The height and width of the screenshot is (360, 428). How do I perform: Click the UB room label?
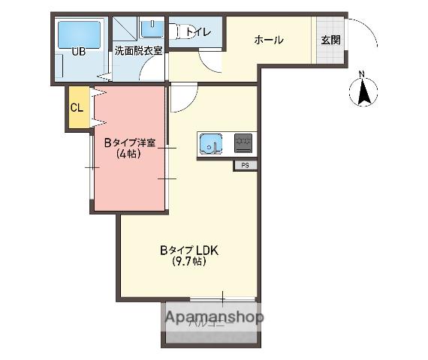(78, 52)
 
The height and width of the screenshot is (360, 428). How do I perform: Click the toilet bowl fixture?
(177, 31)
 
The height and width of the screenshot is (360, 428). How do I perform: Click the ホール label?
(268, 40)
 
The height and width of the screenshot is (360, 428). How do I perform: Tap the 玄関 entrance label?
(330, 40)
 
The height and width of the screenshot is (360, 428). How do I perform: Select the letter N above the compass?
(362, 73)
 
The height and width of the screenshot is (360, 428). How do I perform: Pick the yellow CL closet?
(76, 107)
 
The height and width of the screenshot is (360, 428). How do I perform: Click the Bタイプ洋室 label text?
(130, 143)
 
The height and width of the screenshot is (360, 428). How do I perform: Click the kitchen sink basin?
(211, 142)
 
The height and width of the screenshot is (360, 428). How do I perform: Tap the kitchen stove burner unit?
(243, 142)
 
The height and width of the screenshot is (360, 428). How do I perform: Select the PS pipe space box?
(245, 165)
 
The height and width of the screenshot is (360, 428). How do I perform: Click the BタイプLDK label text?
(188, 250)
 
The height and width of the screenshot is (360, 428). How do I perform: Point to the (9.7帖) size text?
(188, 262)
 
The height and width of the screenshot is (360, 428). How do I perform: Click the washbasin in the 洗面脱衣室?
(152, 28)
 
